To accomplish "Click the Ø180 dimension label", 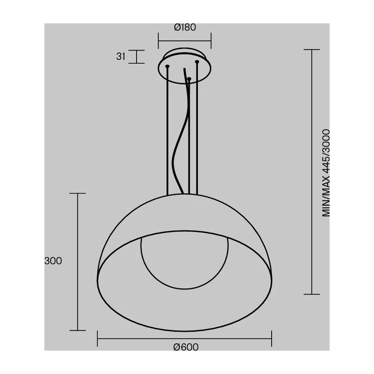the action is pos(185,27).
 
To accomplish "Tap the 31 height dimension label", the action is pos(121,57).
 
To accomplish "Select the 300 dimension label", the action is pos(53,261).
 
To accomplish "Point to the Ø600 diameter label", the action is pos(186,347).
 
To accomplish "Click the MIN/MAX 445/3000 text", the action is pos(326,173).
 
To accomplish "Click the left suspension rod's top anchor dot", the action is pos(167,66).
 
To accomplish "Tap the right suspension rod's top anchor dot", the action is pos(197,62).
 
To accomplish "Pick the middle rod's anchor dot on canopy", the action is pos(189,79).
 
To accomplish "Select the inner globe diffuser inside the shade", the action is pos(184,288).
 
